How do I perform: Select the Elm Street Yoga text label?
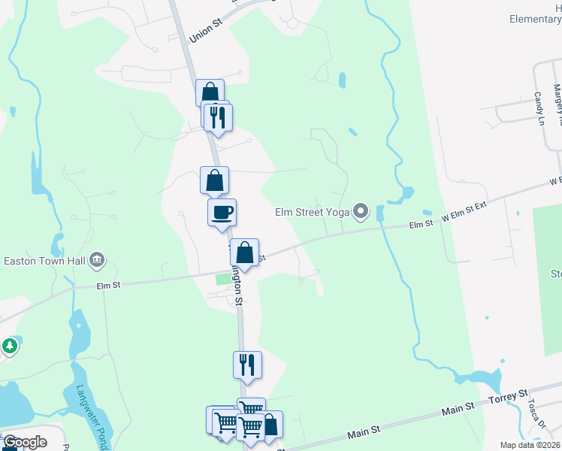tap(313, 212)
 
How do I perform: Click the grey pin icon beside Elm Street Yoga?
tap(361, 211)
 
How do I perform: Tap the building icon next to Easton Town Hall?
tap(97, 261)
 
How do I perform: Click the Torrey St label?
tap(509, 396)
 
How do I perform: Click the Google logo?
tap(25, 442)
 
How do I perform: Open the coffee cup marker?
tap(222, 212)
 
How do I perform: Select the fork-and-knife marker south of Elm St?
tap(248, 365)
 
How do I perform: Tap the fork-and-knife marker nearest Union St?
tap(219, 117)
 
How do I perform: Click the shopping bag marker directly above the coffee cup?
tap(215, 180)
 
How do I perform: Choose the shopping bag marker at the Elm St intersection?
tap(245, 253)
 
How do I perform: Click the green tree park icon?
tap(9, 347)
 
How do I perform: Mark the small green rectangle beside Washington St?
tap(222, 280)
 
